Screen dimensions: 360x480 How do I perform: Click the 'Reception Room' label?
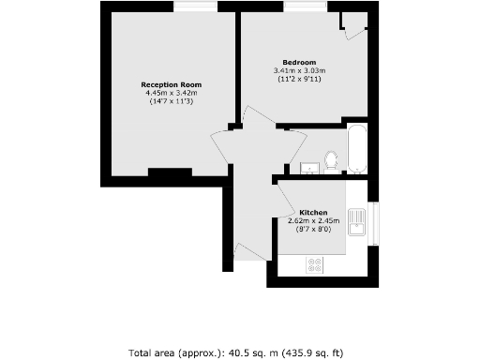(x=172, y=84)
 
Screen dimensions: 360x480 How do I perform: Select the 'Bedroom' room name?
(x=299, y=62)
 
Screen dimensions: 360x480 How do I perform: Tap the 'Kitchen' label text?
(x=312, y=211)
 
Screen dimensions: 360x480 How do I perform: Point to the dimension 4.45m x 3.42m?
(x=172, y=93)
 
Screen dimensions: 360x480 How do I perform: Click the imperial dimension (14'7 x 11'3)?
(x=172, y=101)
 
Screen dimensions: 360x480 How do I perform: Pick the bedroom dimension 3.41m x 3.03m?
(x=299, y=70)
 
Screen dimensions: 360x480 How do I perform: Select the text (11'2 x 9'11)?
(x=299, y=79)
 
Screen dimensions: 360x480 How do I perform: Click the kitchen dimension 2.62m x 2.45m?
(x=312, y=219)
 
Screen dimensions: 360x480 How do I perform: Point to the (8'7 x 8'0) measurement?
(x=312, y=228)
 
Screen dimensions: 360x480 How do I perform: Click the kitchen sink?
(x=357, y=222)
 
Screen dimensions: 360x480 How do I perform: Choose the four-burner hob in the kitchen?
(x=315, y=264)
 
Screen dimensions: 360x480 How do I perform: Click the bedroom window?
(x=306, y=8)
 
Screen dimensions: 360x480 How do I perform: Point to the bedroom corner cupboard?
(x=353, y=26)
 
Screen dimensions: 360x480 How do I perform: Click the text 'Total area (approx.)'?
(x=178, y=352)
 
